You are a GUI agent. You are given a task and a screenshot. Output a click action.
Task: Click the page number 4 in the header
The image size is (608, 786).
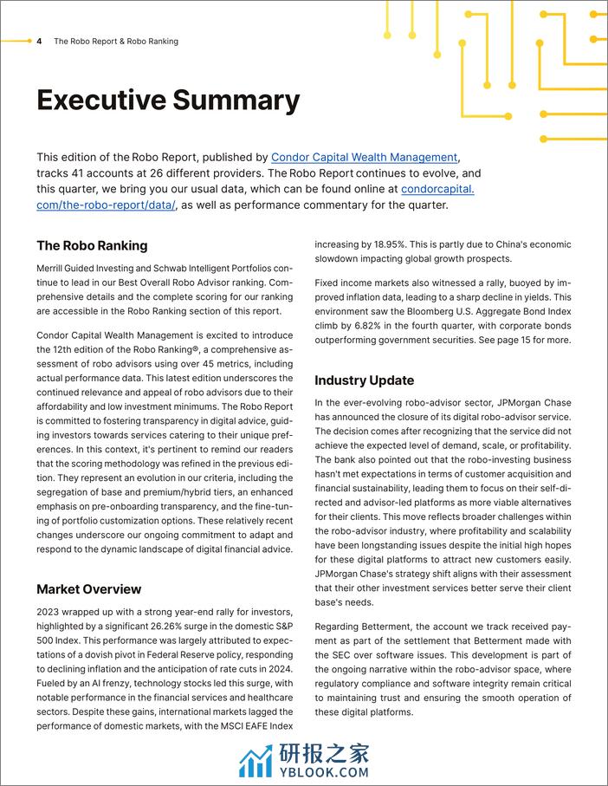click(x=40, y=42)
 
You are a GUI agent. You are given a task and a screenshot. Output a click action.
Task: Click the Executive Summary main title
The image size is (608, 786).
click(x=168, y=101)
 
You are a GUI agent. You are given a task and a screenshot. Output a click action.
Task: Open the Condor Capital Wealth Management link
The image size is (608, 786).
click(x=364, y=158)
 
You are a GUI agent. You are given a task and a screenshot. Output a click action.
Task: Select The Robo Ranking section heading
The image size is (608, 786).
click(x=92, y=245)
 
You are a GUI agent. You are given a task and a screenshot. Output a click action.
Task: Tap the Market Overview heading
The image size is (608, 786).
click(x=88, y=589)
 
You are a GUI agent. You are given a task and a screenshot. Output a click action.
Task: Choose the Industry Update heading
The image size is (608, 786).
click(x=364, y=380)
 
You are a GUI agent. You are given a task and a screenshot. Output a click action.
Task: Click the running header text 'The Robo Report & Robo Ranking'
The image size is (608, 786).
click(x=116, y=42)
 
